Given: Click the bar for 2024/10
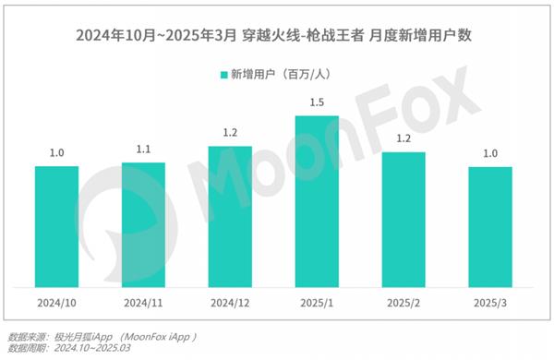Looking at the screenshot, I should click(56, 226).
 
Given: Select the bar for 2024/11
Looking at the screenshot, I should click(143, 224).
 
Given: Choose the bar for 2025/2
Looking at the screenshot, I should click(403, 219).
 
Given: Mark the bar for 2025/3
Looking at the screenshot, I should click(490, 226).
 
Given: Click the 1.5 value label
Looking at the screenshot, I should click(317, 102).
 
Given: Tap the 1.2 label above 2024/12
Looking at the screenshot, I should click(230, 133).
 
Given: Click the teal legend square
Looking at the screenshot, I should click(222, 74).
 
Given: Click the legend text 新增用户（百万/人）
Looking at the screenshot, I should click(286, 74).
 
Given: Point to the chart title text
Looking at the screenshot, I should click(277, 34).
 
